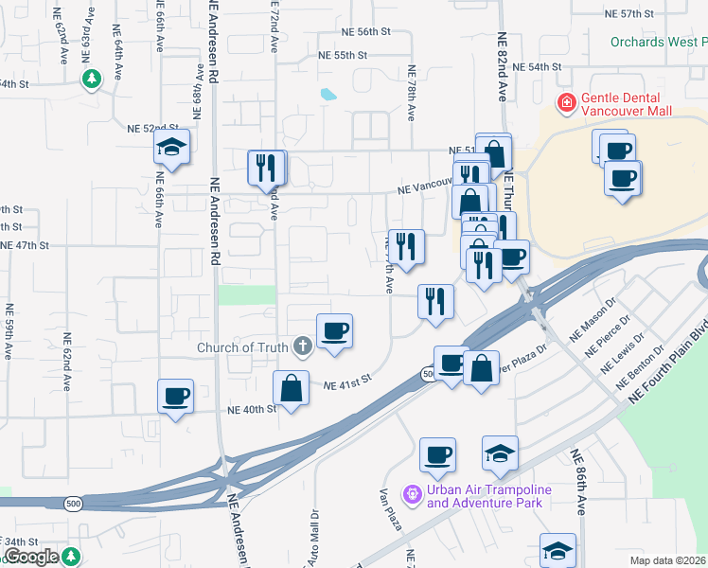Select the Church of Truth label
pyautogui.click(x=242, y=347)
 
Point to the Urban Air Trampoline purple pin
pyautogui.click(x=411, y=494)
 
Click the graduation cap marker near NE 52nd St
pyautogui.click(x=171, y=147)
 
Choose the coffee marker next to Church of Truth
pyautogui.click(x=334, y=331)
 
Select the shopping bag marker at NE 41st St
pyautogui.click(x=291, y=388)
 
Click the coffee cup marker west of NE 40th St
pyautogui.click(x=174, y=397)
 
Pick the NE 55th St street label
pyautogui.click(x=343, y=56)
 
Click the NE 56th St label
pyautogui.click(x=368, y=31)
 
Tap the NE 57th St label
pyautogui.click(x=630, y=14)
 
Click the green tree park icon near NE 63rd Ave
pyautogui.click(x=92, y=79)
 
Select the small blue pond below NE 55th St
pyautogui.click(x=327, y=95)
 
